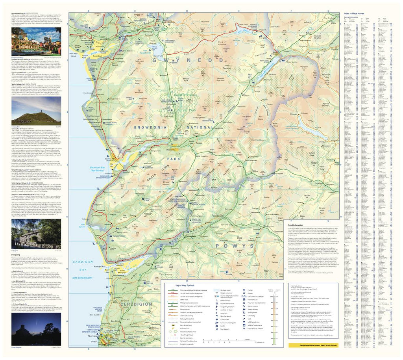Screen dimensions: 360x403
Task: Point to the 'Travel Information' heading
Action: coord(306,225)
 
